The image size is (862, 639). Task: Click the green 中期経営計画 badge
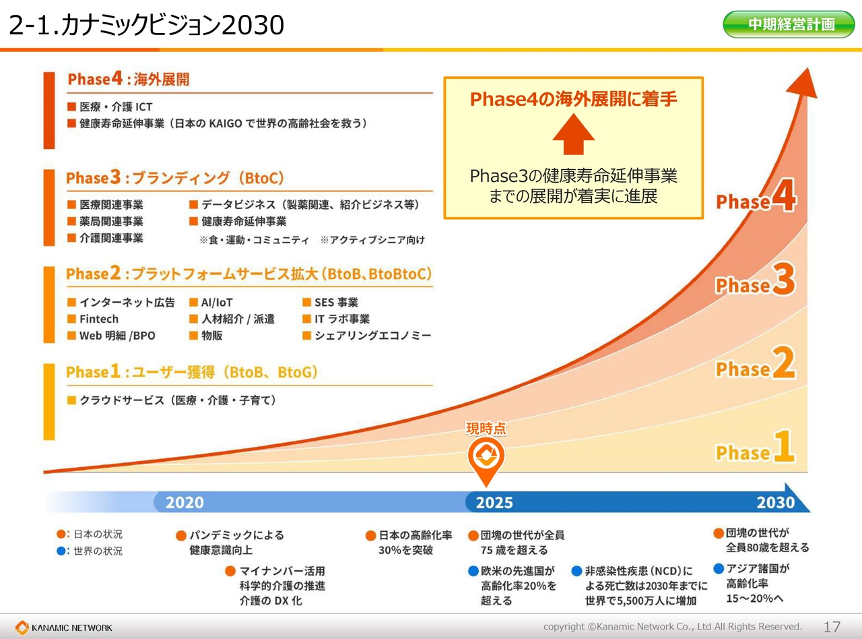coord(789,24)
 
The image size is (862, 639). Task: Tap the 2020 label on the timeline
coord(185,502)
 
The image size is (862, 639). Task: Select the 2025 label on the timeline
coord(494,502)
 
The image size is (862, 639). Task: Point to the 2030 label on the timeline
coord(775,502)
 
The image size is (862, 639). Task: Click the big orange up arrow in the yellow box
coord(573,134)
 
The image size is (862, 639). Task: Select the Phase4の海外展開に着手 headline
coord(573,99)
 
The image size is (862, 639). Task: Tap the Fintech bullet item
coord(99,319)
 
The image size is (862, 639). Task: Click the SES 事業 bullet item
coord(336,303)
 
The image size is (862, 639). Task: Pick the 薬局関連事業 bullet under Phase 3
coord(111,222)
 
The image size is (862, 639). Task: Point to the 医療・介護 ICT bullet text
coord(116,106)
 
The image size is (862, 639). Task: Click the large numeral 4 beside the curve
coord(784,195)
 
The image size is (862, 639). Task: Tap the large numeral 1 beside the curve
coord(784,446)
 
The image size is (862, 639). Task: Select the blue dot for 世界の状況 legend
coord(61,551)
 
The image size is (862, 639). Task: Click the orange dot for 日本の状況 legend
coord(61,534)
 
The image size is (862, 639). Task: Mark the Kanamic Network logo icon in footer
coord(22,628)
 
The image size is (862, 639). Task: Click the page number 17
coord(832,627)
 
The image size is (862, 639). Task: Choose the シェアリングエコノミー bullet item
coord(372,336)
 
